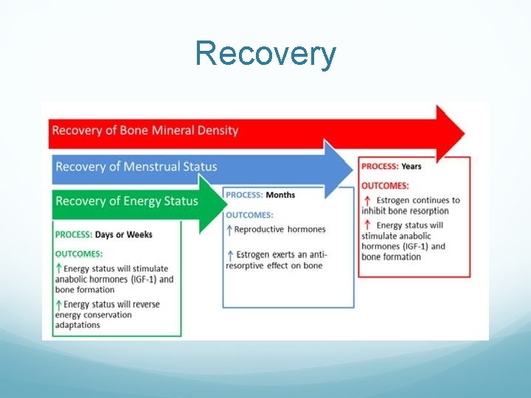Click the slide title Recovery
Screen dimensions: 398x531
[x=265, y=54]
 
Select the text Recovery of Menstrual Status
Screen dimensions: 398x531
[x=136, y=166]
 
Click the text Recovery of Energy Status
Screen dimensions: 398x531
[x=127, y=200]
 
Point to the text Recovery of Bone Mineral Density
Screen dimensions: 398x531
[x=145, y=130]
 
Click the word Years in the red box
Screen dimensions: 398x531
[x=412, y=167]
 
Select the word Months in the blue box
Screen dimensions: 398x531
[x=280, y=195]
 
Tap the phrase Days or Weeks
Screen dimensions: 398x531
[x=124, y=234]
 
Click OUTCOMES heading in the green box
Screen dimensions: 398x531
[x=80, y=254]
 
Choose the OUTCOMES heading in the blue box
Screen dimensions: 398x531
[x=249, y=214]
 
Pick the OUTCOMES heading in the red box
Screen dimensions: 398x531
[x=385, y=185]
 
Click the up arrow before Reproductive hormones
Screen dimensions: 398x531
[x=229, y=230]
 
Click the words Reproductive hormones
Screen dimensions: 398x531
[x=280, y=230]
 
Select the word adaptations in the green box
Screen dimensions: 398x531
[x=77, y=325]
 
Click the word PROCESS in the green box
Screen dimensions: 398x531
[x=73, y=234]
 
